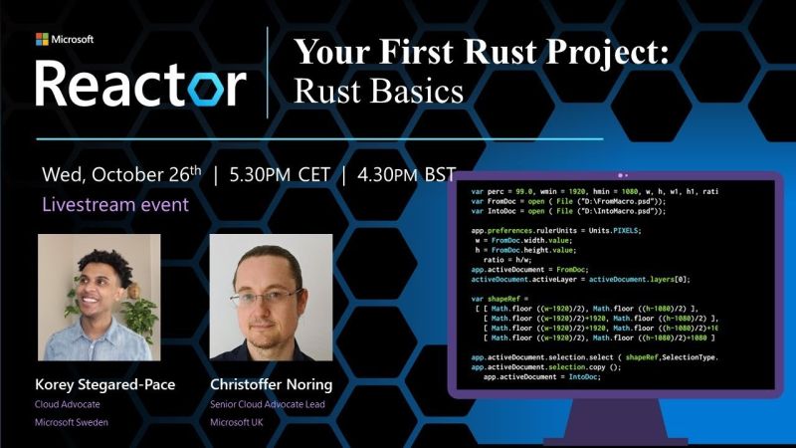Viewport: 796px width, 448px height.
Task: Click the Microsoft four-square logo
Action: pyautogui.click(x=42, y=39)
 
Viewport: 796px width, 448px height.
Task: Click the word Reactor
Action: pyautogui.click(x=139, y=84)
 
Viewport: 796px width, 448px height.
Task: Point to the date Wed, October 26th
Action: pyautogui.click(x=122, y=174)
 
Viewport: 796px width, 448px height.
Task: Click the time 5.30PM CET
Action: pyautogui.click(x=281, y=174)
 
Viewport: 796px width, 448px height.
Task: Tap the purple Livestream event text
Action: pyautogui.click(x=115, y=205)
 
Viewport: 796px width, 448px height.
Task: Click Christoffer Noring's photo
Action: pyautogui.click(x=271, y=297)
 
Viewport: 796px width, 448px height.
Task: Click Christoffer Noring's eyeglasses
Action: pyautogui.click(x=265, y=296)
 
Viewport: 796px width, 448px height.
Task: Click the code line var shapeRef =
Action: pyautogui.click(x=505, y=298)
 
